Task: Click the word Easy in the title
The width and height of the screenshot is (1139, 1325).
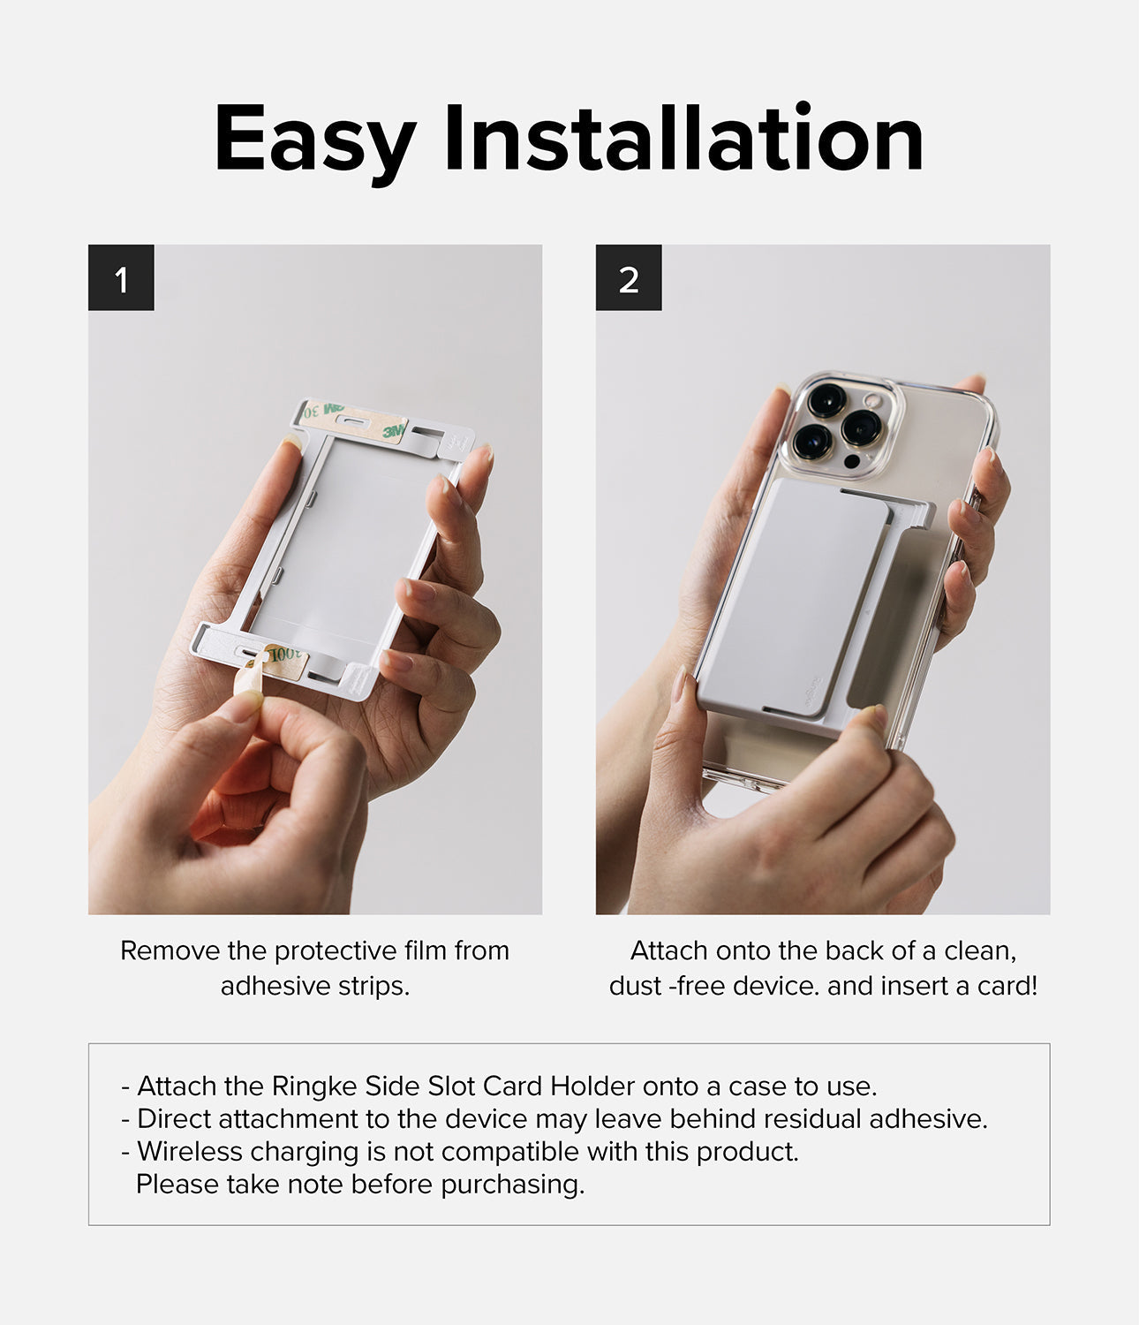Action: [314, 140]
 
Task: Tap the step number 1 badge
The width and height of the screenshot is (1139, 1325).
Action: [121, 278]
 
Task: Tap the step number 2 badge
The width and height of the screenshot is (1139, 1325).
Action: [629, 278]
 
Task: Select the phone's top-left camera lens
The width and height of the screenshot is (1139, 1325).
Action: [826, 399]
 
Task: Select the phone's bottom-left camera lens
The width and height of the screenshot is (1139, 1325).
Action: [811, 439]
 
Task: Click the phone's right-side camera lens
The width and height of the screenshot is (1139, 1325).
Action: [861, 428]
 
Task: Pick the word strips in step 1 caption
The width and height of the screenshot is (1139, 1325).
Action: [377, 986]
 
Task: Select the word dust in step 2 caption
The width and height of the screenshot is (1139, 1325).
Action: [634, 986]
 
